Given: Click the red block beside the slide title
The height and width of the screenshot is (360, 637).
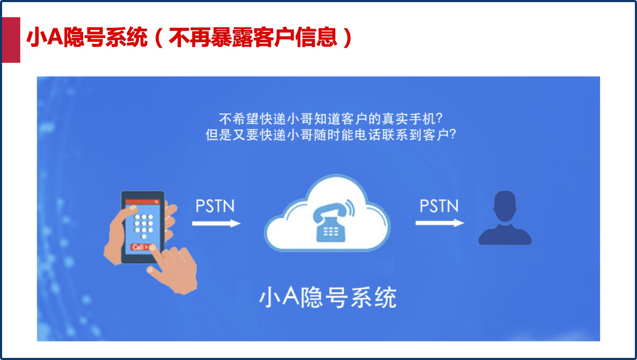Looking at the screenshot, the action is (11, 40).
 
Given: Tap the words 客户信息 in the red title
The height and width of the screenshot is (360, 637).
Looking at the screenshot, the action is (296, 37).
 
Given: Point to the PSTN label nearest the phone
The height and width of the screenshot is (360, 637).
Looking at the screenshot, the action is (215, 206).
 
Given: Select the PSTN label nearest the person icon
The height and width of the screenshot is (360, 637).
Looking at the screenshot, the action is (439, 206).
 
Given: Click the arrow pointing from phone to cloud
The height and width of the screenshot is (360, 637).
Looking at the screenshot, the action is (216, 223).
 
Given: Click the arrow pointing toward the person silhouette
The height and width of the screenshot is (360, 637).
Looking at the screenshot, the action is (440, 223).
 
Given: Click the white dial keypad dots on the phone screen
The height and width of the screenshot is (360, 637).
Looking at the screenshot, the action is (144, 227).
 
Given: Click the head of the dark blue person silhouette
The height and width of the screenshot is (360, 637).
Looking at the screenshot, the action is (505, 206).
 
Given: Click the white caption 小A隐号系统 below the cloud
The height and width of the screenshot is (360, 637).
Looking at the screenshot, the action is (328, 298).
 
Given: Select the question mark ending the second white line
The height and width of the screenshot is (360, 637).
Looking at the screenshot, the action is (453, 134).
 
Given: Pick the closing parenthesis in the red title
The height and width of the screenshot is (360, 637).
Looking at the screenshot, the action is (348, 38).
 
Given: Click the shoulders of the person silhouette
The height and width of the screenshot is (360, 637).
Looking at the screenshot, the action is (505, 235).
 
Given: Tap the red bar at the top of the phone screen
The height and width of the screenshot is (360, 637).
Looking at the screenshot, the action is (143, 202).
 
